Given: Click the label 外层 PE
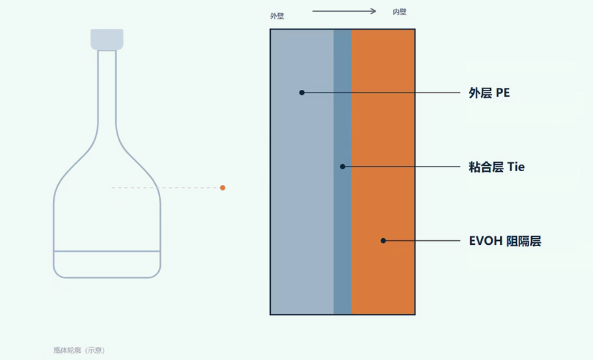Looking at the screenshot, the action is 489,92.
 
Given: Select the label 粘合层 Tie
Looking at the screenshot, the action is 497,167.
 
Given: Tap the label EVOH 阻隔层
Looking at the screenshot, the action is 505,241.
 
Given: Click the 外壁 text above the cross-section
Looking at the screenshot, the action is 277,16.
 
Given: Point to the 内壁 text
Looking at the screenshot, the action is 400,12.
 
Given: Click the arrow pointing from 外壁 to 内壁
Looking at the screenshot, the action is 344,11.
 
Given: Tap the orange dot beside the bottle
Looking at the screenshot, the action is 223,187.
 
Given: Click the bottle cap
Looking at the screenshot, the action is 107,40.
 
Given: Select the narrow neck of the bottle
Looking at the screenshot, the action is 107,87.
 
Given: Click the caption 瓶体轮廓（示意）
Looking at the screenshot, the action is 79,350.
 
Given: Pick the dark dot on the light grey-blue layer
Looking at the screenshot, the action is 302,92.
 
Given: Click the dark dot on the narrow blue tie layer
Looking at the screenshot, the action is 342,167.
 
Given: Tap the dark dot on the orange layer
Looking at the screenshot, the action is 383,240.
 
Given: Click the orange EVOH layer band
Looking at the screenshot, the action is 383,172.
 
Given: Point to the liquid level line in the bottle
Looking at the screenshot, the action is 107,251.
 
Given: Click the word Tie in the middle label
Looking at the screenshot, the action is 516,167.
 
